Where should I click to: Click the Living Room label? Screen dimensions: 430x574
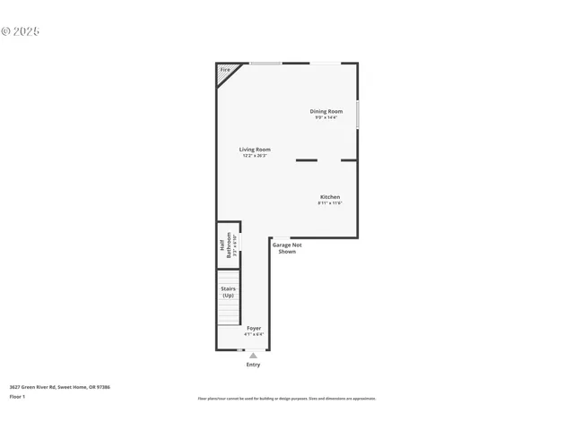(x=255, y=150)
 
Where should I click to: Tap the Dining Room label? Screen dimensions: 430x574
(x=326, y=111)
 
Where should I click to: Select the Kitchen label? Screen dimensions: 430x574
(x=330, y=197)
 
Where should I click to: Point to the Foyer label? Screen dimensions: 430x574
(x=254, y=328)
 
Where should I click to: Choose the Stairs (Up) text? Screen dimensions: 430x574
(x=228, y=291)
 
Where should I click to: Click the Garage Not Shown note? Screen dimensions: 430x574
(x=287, y=248)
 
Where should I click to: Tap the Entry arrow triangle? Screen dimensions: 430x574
(x=253, y=356)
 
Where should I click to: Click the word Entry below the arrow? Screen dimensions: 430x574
(x=253, y=365)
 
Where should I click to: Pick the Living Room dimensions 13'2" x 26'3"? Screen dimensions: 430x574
(x=255, y=156)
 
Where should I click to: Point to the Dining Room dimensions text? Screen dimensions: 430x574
(x=326, y=117)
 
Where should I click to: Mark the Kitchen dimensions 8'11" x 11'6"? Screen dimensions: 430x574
(x=330, y=203)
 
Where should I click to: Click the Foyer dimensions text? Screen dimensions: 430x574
(x=254, y=334)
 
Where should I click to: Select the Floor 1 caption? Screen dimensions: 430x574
(x=17, y=396)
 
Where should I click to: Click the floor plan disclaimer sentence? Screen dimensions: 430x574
(x=286, y=399)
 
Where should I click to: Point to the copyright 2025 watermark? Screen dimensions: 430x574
(x=21, y=31)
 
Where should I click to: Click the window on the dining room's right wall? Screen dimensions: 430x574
(x=358, y=115)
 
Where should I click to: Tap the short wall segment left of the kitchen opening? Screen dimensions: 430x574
(x=306, y=160)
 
